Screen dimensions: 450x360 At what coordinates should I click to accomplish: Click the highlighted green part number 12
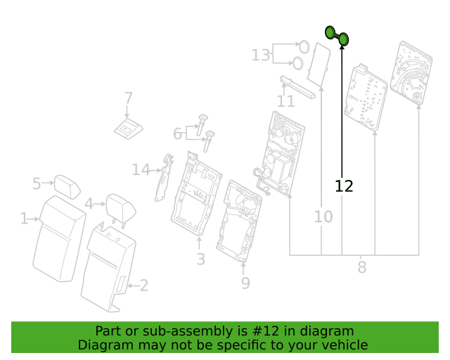(337, 36)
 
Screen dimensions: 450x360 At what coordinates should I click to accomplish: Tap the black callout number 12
(344, 186)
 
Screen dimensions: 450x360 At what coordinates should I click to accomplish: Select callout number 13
(261, 55)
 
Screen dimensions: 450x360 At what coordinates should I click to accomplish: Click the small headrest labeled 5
(67, 186)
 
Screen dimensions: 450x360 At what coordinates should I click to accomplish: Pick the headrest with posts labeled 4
(121, 208)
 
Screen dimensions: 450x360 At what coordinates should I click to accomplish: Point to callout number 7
(128, 98)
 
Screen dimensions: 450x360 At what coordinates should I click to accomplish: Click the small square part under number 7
(128, 129)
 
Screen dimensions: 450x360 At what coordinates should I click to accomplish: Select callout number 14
(141, 169)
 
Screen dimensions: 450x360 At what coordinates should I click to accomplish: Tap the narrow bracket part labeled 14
(164, 178)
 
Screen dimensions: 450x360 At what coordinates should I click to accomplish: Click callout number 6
(177, 134)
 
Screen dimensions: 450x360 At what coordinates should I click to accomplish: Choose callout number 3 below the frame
(201, 259)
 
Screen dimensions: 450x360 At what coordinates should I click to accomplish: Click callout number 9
(245, 283)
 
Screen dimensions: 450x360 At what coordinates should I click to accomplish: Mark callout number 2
(143, 285)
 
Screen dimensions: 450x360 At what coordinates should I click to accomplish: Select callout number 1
(24, 219)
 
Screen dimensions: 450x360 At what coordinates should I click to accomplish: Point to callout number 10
(323, 217)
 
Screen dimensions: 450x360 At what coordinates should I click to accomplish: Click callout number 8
(362, 267)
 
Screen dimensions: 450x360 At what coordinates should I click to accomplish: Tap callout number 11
(286, 101)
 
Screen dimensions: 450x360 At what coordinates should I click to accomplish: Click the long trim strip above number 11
(297, 86)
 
